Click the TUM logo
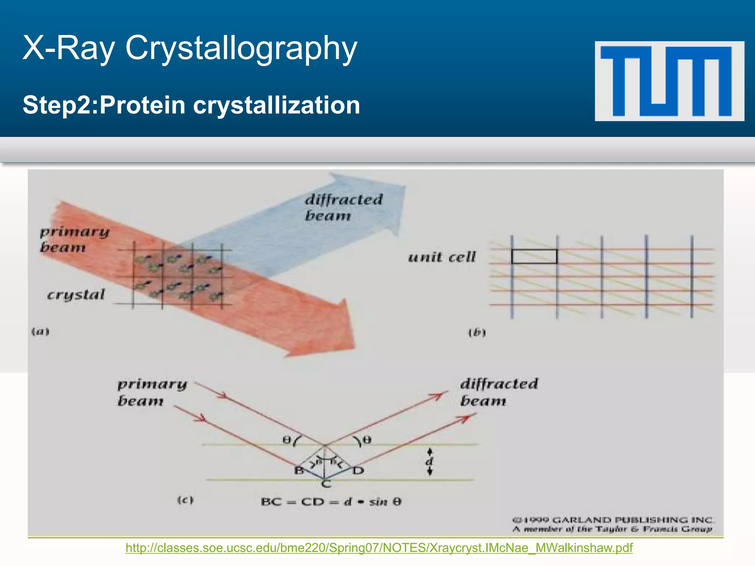coord(669,81)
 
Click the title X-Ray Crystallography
coord(190,48)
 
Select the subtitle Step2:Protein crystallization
coord(191,105)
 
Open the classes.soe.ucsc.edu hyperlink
coord(379,548)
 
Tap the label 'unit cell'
coord(442,257)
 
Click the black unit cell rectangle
coord(534,256)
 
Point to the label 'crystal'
coord(76,295)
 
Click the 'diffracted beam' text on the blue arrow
coord(343,207)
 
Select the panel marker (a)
coord(40,332)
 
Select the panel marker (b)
coord(477,333)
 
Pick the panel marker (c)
coord(185,500)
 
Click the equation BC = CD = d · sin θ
coord(331,502)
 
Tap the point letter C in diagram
coord(326,484)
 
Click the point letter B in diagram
coord(299,471)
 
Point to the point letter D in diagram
coord(358,471)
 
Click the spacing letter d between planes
coord(429,462)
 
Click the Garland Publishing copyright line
coord(613,520)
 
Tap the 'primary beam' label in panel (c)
coord(152,392)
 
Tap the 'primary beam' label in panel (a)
coord(74,240)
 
